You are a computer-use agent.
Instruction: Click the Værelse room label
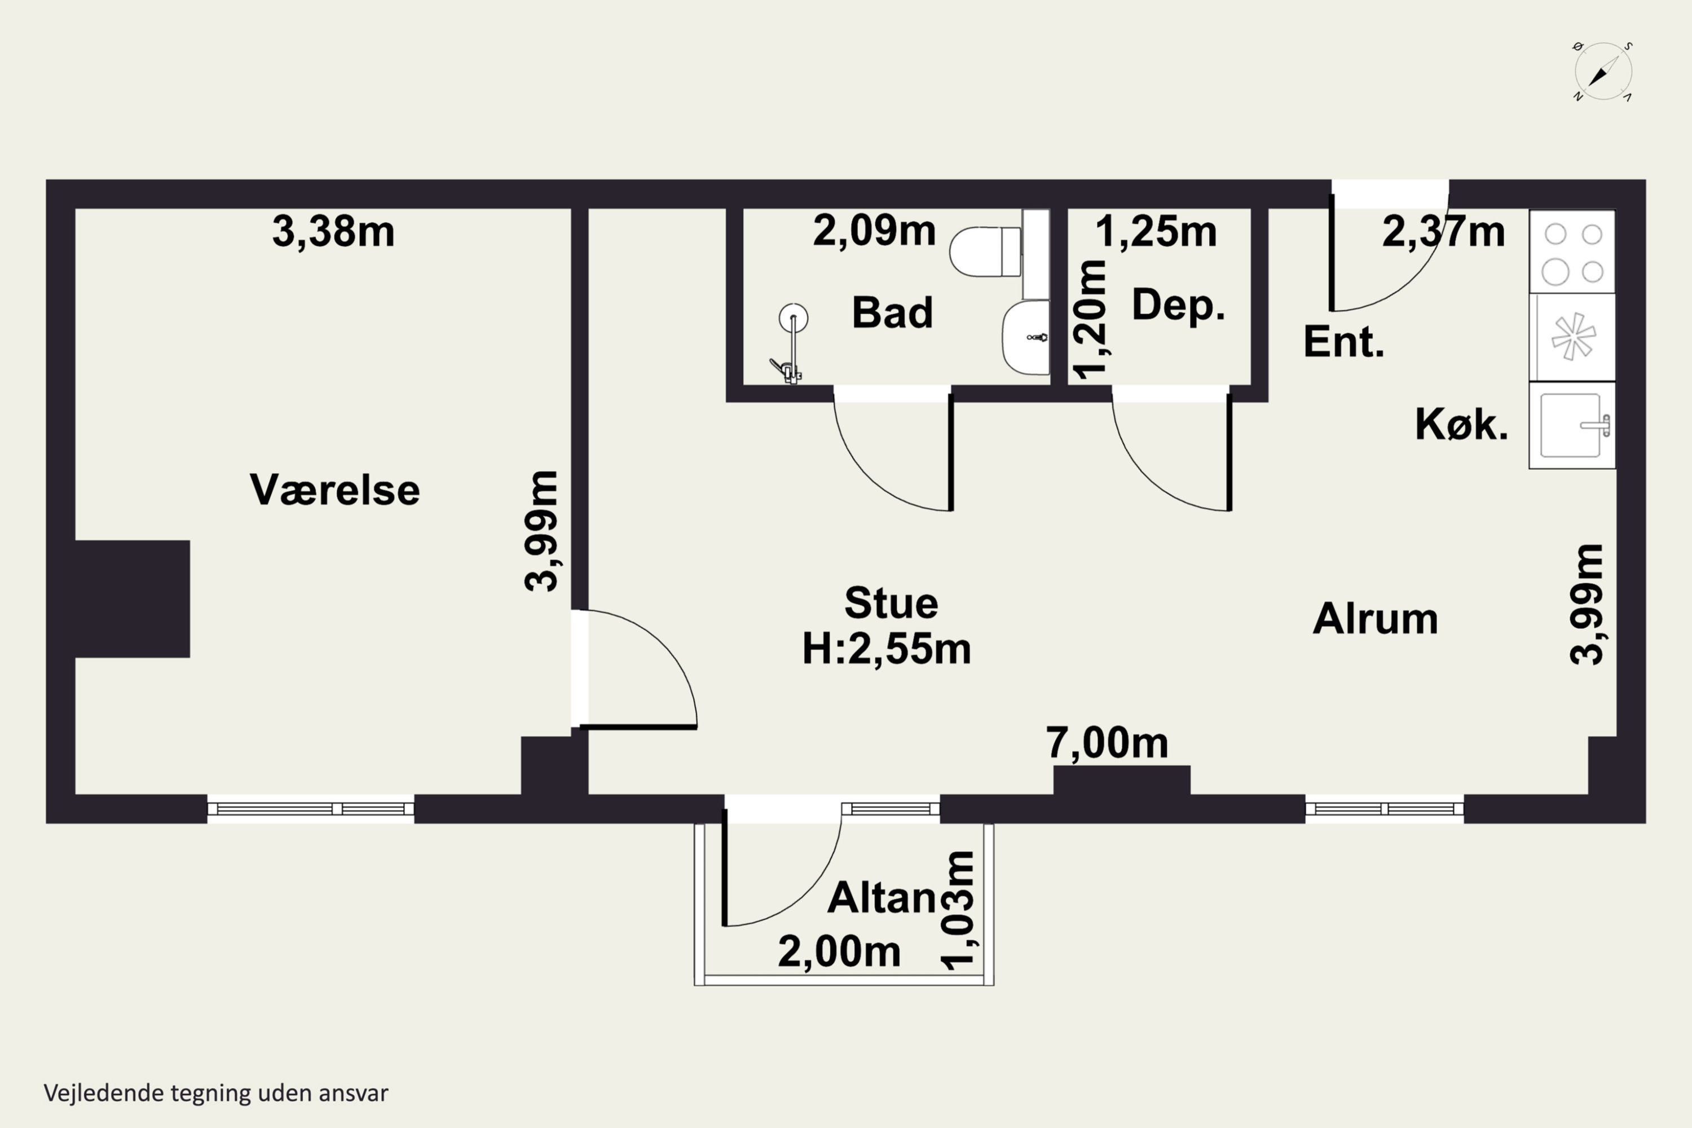click(334, 490)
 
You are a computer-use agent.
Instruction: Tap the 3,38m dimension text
click(333, 232)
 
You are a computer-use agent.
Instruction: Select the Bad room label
click(892, 312)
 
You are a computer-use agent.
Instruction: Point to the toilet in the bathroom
click(985, 252)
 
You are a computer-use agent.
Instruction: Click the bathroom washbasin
click(1025, 337)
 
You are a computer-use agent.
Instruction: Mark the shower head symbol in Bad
click(793, 317)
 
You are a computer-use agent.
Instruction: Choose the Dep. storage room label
click(1178, 305)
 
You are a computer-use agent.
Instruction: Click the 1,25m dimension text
click(1155, 232)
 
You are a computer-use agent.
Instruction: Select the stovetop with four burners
click(1572, 252)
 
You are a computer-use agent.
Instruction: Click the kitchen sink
click(1572, 425)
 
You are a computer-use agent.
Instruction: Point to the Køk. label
click(1461, 425)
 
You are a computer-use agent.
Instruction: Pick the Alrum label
click(1375, 619)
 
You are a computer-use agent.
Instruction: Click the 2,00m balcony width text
click(839, 952)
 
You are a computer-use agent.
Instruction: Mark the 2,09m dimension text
click(874, 232)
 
